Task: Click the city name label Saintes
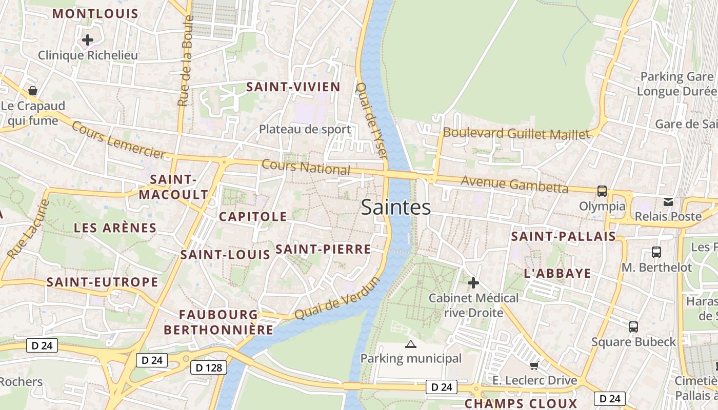(x=395, y=208)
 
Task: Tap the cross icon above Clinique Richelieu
(x=88, y=39)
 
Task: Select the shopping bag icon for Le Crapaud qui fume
(x=33, y=91)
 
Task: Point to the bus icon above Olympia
(x=602, y=191)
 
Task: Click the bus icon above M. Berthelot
(x=656, y=252)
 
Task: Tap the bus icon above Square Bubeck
(x=633, y=326)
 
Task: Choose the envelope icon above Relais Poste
(x=668, y=201)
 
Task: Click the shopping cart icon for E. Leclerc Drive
(x=534, y=365)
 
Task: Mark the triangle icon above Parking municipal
(x=410, y=344)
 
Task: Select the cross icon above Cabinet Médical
(x=473, y=283)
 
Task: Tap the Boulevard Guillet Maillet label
(x=516, y=134)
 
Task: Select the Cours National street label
(x=306, y=168)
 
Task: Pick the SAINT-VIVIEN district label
(x=293, y=87)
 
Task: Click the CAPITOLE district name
(x=253, y=217)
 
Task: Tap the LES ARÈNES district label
(x=115, y=228)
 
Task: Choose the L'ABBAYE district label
(x=557, y=274)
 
